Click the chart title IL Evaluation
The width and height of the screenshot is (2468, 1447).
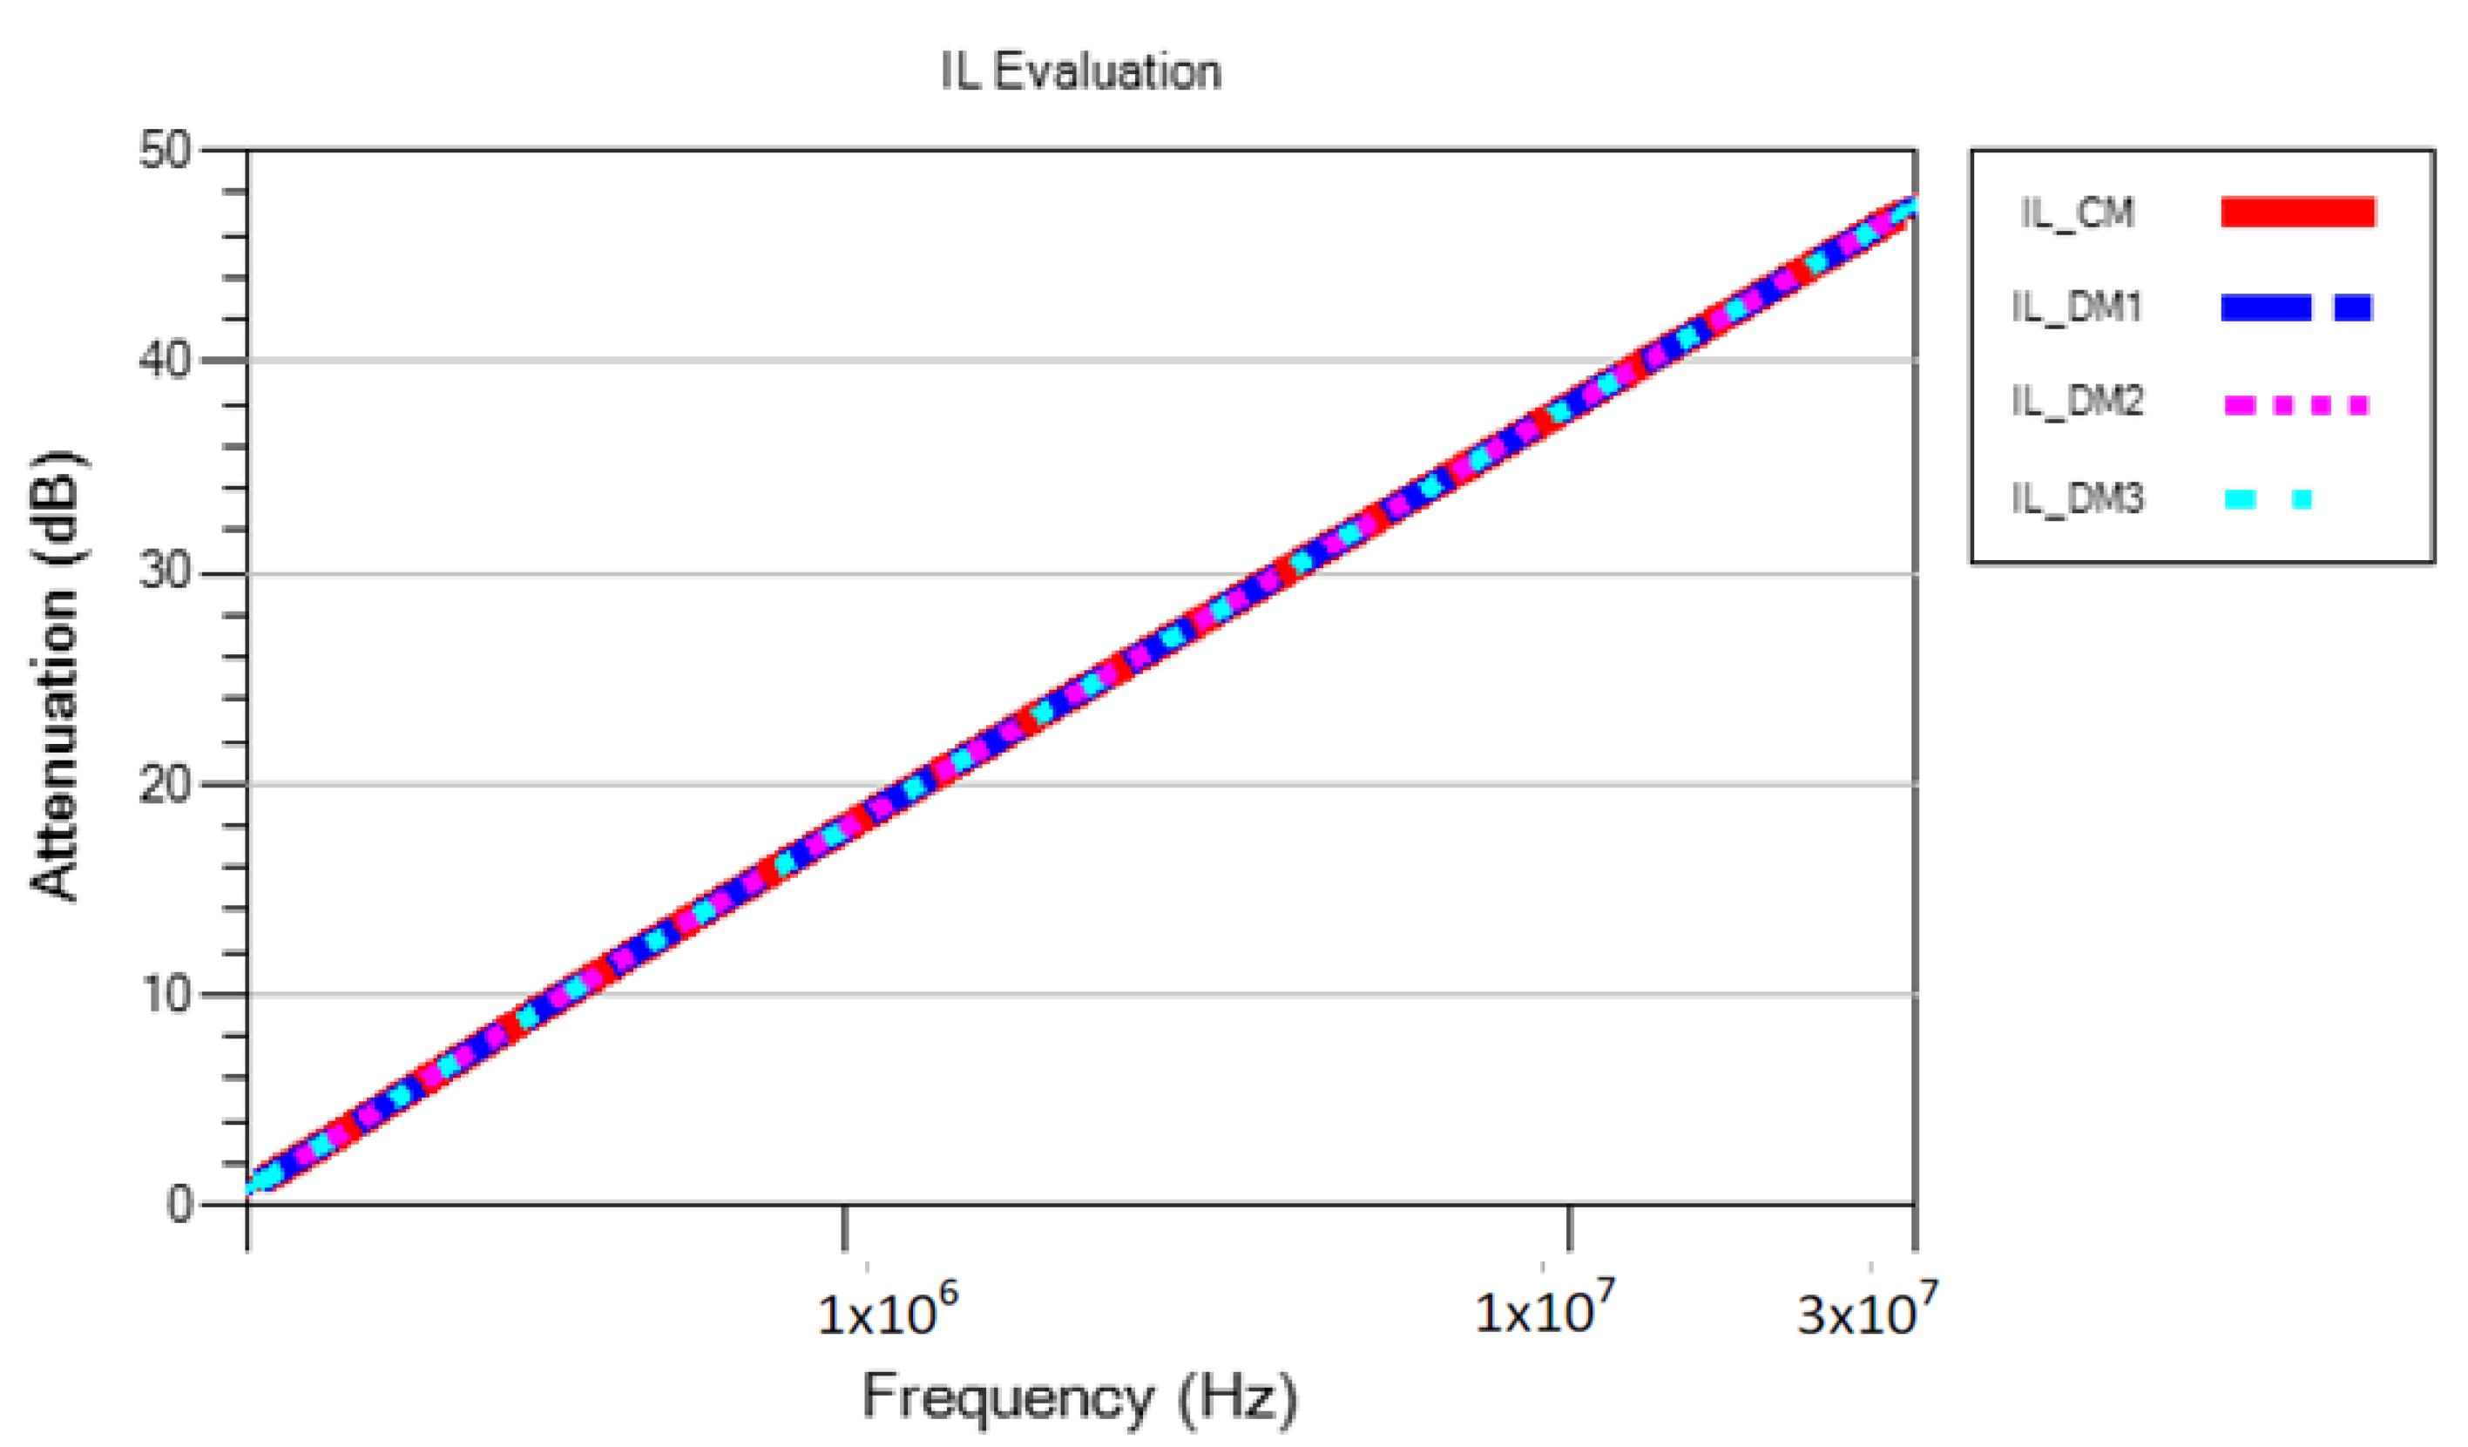point(1080,72)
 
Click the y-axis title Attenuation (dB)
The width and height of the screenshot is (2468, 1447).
point(56,675)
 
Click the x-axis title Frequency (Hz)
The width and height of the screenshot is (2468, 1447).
point(1079,1397)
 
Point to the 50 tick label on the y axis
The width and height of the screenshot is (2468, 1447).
point(166,151)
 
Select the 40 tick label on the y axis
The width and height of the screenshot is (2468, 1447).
point(166,361)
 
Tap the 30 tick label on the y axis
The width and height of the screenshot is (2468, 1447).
point(166,571)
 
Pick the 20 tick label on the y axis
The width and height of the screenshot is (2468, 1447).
point(166,784)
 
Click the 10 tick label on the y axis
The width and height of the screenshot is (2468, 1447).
point(166,994)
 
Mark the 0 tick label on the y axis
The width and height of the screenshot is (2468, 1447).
point(179,1204)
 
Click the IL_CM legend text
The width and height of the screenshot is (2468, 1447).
point(2077,213)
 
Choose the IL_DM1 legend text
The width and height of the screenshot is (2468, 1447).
point(2077,308)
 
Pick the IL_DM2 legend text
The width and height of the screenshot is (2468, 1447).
point(2077,402)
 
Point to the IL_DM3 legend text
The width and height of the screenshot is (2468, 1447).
point(2077,498)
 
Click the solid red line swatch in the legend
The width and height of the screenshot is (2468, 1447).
point(2297,212)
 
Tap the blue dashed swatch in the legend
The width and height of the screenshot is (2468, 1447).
point(2296,308)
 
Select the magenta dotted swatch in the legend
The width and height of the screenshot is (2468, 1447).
point(2296,404)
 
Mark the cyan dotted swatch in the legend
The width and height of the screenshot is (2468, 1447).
point(2268,500)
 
